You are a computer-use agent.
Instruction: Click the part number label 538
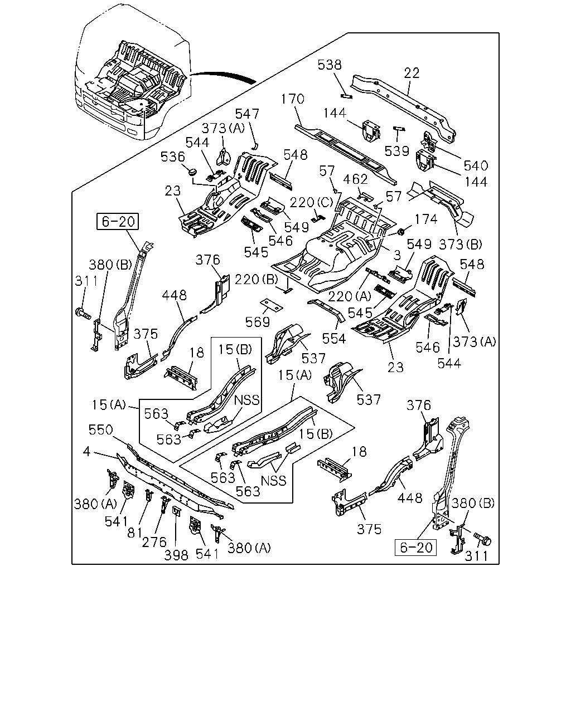(330, 65)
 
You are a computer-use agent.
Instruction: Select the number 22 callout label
(412, 73)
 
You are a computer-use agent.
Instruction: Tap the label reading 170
(293, 99)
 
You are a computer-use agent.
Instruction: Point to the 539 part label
(397, 151)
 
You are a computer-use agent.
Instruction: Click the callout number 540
(476, 165)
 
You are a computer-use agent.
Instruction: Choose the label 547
(247, 114)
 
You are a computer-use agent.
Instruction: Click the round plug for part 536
(192, 172)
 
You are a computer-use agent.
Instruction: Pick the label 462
(355, 179)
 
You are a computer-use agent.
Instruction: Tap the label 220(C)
(311, 202)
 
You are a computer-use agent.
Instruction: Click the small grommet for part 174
(400, 232)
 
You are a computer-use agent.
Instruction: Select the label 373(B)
(461, 245)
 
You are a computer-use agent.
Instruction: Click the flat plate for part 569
(272, 305)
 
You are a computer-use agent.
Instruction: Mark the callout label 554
(334, 339)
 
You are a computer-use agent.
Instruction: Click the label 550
(101, 429)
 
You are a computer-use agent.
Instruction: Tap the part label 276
(154, 542)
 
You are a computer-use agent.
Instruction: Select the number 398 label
(176, 555)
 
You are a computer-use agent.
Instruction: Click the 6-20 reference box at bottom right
(415, 548)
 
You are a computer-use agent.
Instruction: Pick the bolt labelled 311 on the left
(83, 312)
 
